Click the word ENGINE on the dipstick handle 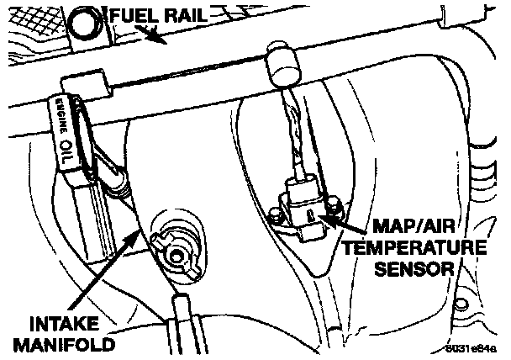tap(61, 113)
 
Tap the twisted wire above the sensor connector tap(292, 135)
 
